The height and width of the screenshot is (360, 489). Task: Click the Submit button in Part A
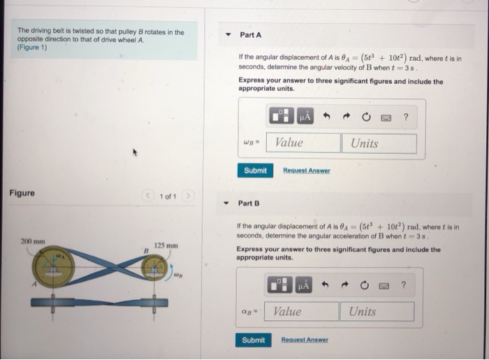coord(255,171)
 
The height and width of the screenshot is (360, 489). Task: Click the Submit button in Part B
coord(253,340)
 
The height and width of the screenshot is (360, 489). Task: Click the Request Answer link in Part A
coord(306,171)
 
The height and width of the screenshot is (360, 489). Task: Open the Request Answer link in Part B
coord(304,340)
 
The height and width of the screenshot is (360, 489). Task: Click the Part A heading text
coord(251,35)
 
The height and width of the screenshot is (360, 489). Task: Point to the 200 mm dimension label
coord(32,241)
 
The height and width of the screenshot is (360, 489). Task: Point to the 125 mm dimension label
coord(166,245)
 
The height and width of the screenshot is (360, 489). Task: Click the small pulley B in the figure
coord(154,268)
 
